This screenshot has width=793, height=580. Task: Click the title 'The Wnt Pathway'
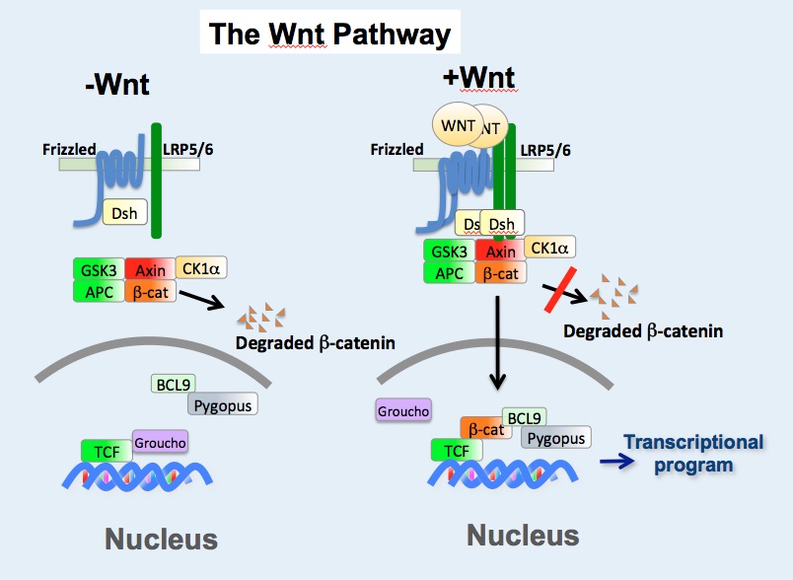point(328,35)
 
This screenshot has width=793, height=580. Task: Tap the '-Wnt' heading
point(116,84)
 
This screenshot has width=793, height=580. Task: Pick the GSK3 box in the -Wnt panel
point(98,268)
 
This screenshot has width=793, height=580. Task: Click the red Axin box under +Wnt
point(501,252)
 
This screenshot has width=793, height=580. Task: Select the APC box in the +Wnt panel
point(449,273)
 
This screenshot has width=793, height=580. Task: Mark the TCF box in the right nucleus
point(457,451)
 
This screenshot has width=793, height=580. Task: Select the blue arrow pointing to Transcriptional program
point(616,460)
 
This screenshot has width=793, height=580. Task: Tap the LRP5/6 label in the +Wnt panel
point(544,150)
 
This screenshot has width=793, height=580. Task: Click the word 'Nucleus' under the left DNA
point(160,540)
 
